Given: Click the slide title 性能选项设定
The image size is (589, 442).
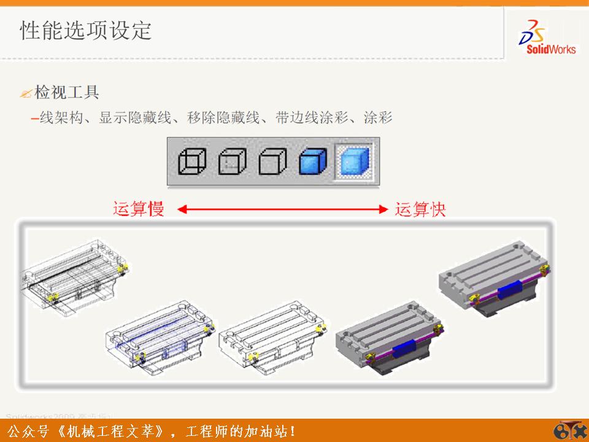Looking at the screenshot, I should tap(86, 30).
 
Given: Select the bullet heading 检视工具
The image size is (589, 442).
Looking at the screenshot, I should tap(67, 93).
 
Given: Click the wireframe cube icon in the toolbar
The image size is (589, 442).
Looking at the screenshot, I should tap(191, 161).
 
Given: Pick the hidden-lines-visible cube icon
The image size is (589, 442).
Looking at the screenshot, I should tap(232, 161).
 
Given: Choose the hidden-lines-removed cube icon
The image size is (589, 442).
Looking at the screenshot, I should tap(272, 161).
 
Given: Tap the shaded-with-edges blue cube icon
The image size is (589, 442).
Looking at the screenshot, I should tap(313, 161).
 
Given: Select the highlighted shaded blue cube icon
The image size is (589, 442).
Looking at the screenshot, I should tap(353, 161).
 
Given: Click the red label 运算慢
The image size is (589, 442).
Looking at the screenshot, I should tap(139, 209).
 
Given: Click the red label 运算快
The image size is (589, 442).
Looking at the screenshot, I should tap(420, 209).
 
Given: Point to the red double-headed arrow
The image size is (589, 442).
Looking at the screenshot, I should tap(280, 210).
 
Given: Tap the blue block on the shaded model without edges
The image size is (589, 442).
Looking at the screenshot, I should tap(509, 291).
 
